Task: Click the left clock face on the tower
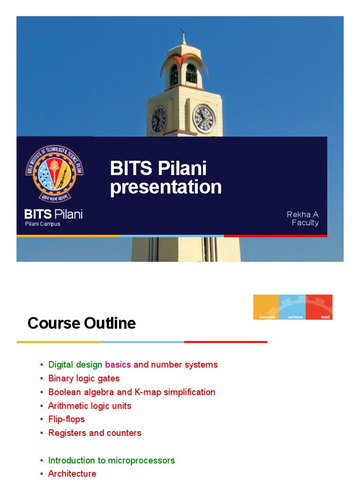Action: pos(158,119)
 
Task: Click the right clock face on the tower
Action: pos(204,118)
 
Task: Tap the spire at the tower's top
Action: pos(183,37)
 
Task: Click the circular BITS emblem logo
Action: pos(54,173)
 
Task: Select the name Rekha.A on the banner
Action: pos(303,214)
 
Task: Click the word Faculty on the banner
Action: pos(305,223)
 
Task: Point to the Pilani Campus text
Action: pos(43,224)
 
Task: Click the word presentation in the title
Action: pos(165,187)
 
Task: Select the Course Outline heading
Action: pos(82,323)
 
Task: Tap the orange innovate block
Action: pos(266,307)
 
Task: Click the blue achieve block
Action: pos(292,307)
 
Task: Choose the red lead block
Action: pos(319,307)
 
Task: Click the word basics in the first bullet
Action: pos(118,365)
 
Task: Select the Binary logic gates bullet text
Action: pos(84,378)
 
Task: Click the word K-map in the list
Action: pos(145,392)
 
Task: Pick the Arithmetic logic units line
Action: pos(90,405)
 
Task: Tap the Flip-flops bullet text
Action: pos(67,419)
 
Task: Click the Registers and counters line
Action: pos(95,433)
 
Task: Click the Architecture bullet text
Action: pos(72,473)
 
